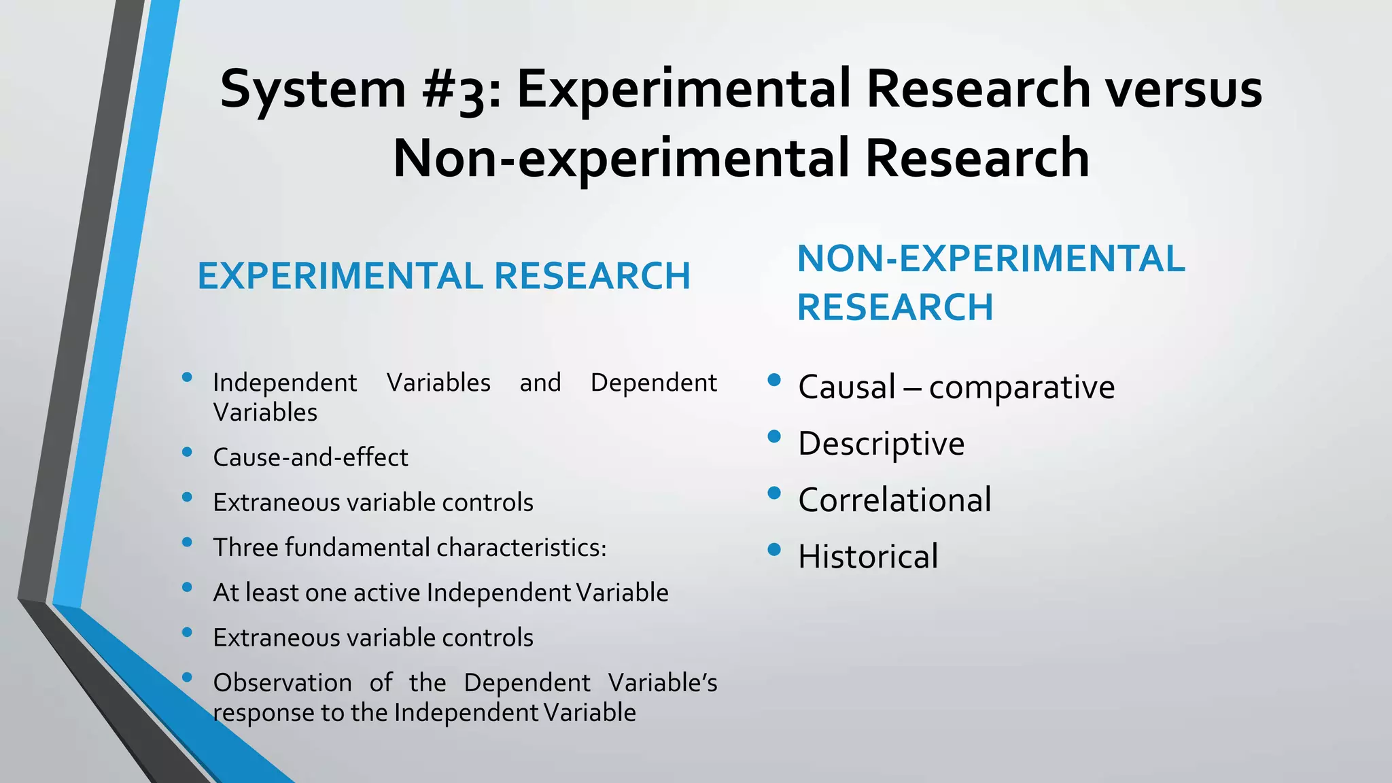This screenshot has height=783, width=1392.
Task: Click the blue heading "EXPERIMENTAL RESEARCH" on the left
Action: [x=444, y=276]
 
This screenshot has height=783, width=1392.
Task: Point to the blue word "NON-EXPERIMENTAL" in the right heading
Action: [x=991, y=259]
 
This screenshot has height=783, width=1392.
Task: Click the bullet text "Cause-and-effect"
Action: [x=311, y=457]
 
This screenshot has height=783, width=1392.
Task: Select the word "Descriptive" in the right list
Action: [x=881, y=444]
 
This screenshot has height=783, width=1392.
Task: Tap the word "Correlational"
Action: [x=894, y=500]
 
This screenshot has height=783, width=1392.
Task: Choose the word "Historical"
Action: [x=868, y=557]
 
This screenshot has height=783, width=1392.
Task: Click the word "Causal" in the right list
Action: [x=846, y=387]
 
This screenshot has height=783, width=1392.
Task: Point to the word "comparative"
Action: [x=1022, y=387]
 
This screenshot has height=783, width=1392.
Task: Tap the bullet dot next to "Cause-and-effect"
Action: [x=188, y=451]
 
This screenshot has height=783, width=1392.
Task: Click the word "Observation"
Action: [x=282, y=683]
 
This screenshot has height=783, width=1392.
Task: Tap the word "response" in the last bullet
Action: [x=255, y=713]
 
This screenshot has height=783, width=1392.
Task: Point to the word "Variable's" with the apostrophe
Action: [x=663, y=683]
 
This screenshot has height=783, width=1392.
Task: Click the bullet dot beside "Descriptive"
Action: [x=774, y=436]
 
